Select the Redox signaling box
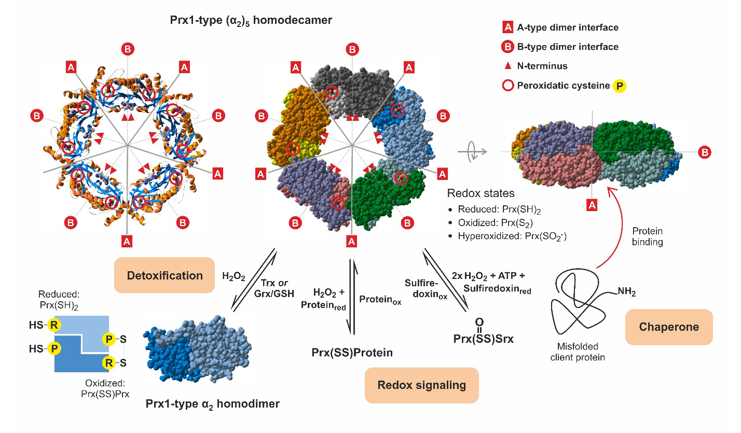click(x=421, y=385)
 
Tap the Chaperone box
click(x=669, y=327)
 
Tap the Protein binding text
click(x=648, y=237)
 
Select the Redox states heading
click(x=481, y=193)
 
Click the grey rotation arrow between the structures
click(x=472, y=151)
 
